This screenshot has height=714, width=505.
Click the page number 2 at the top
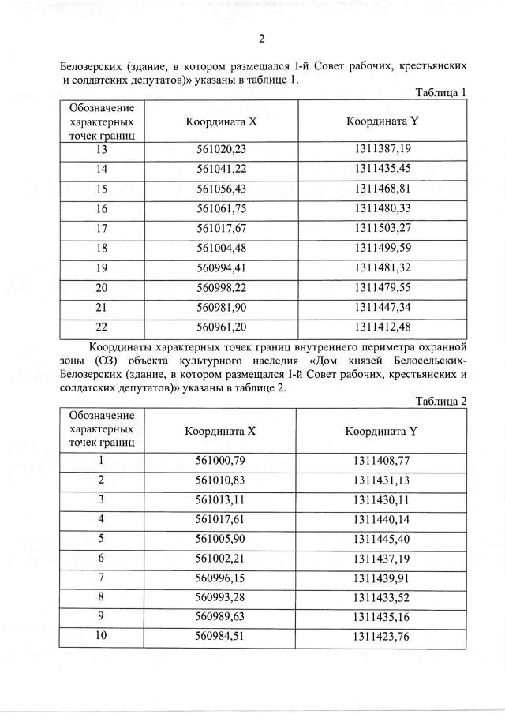(x=261, y=39)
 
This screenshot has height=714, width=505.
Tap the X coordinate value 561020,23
(x=221, y=149)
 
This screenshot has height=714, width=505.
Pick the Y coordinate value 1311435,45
(x=383, y=169)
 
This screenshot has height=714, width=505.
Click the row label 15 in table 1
(x=101, y=189)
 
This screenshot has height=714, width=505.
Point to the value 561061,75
(x=221, y=209)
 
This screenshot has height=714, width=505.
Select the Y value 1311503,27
(x=383, y=229)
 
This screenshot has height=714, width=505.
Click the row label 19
(x=101, y=268)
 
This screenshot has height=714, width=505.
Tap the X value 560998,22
(x=221, y=288)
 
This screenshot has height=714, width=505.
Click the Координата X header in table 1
(x=221, y=121)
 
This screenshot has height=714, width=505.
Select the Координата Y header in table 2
(x=382, y=431)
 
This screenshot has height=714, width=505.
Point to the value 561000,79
(x=221, y=460)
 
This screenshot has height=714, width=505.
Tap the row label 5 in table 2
(x=101, y=539)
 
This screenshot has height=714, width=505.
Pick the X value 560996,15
(x=221, y=578)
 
